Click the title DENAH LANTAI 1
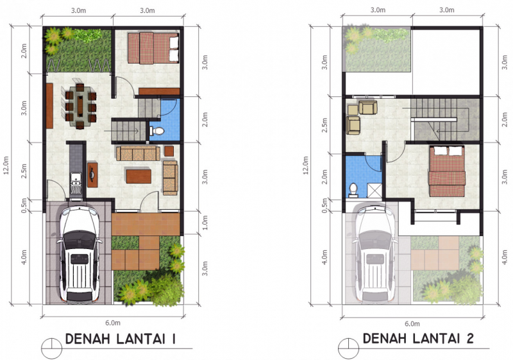[x=121, y=339]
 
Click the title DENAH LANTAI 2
[x=417, y=339]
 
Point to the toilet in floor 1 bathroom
[x=157, y=131]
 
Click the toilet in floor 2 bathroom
[x=353, y=189]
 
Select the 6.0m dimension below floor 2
[x=412, y=323]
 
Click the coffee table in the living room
[x=137, y=175]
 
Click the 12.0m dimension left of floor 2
[x=307, y=166]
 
